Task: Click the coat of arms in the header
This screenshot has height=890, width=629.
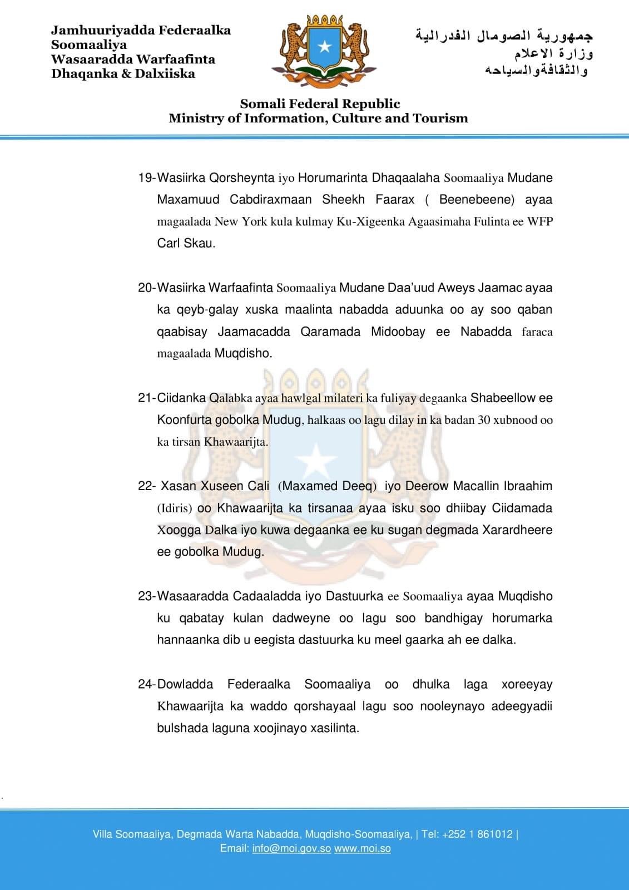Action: tap(324, 50)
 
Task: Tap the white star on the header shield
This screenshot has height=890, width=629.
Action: tap(324, 48)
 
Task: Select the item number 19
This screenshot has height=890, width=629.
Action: tap(146, 178)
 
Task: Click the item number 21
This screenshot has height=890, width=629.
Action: tap(146, 398)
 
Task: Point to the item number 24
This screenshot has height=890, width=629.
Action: tap(146, 685)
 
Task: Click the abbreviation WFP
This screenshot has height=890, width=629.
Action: tap(540, 221)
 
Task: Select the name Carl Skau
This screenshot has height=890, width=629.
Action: tap(186, 244)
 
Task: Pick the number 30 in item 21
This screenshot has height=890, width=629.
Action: tap(484, 420)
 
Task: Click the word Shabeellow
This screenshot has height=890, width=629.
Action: tap(503, 398)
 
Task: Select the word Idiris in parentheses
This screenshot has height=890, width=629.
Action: tap(175, 508)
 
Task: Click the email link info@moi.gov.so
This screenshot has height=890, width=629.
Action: tap(291, 849)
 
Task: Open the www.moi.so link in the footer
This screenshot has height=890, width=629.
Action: tap(362, 849)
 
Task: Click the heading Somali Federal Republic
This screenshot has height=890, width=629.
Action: tap(320, 104)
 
